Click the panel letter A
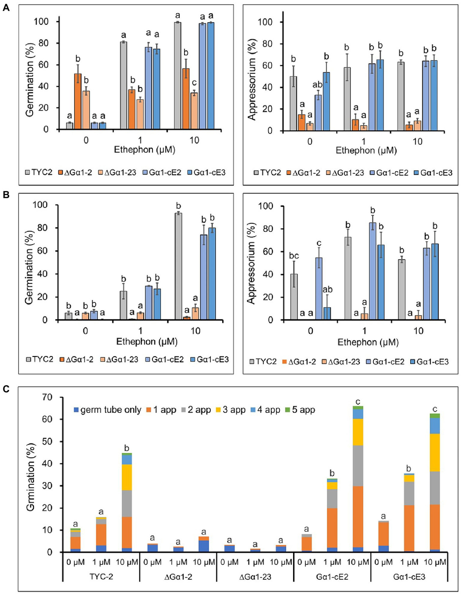pyautogui.click(x=6, y=8)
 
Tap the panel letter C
pyautogui.click(x=6, y=389)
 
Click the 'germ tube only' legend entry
pyautogui.click(x=108, y=410)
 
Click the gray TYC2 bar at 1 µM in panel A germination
pyautogui.click(x=123, y=86)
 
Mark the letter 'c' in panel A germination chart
pyautogui.click(x=194, y=83)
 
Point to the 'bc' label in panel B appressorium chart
pyautogui.click(x=294, y=256)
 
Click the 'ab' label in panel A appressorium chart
pyautogui.click(x=317, y=84)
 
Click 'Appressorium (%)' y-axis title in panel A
pyautogui.click(x=252, y=80)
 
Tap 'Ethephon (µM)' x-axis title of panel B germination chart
pyautogui.click(x=147, y=342)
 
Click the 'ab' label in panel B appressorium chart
pyautogui.click(x=327, y=289)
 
